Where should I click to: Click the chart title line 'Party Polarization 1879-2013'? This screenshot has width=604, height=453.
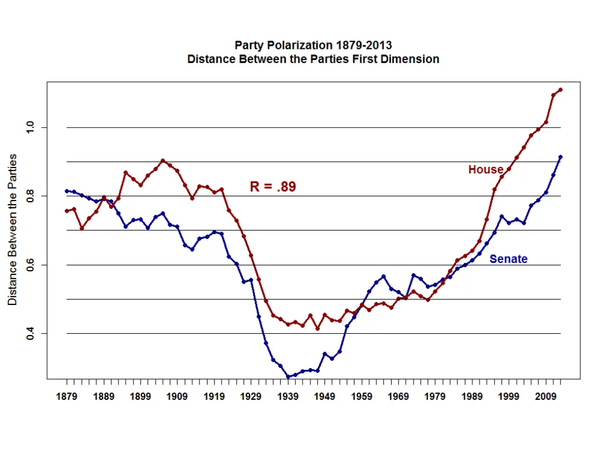click(x=313, y=45)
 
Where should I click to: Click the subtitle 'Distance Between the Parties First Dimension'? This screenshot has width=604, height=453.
click(x=313, y=59)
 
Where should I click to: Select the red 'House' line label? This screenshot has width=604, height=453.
click(x=485, y=169)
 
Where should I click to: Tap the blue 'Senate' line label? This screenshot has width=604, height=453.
click(x=508, y=259)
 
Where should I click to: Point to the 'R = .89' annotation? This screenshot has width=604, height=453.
click(x=273, y=187)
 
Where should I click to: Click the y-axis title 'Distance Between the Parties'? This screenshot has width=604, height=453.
click(x=12, y=230)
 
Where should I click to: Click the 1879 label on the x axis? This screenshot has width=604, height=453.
click(x=67, y=397)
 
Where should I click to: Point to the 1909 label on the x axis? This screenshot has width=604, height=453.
click(x=177, y=397)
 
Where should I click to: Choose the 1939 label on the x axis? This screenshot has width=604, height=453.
click(x=288, y=397)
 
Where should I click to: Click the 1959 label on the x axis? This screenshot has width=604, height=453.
click(x=362, y=397)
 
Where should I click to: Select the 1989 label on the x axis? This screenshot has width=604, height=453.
click(x=472, y=397)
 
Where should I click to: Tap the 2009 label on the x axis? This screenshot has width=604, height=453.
click(x=546, y=397)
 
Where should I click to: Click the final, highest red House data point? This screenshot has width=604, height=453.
click(x=560, y=90)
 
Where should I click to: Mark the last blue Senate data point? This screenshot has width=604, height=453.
click(x=560, y=157)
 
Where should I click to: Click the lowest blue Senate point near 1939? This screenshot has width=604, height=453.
click(x=288, y=376)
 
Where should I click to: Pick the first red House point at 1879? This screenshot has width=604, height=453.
click(x=67, y=211)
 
